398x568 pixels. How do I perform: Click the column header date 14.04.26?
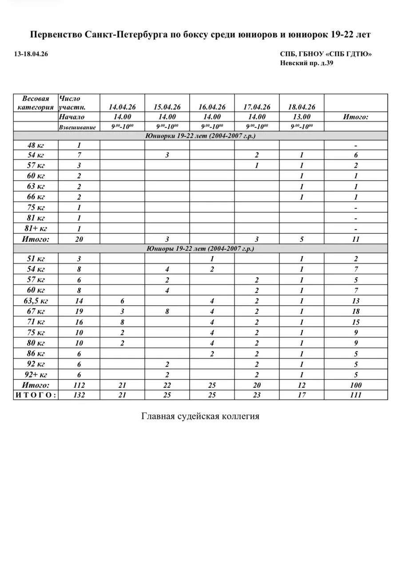click(x=122, y=107)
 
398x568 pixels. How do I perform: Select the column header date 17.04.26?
click(x=257, y=107)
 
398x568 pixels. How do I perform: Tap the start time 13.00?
click(x=302, y=117)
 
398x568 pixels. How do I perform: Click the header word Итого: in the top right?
click(x=355, y=117)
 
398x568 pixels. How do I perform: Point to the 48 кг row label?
click(x=35, y=145)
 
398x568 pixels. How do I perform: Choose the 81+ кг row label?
click(x=35, y=229)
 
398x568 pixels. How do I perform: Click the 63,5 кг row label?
click(x=35, y=301)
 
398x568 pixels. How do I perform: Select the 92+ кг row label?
click(x=35, y=374)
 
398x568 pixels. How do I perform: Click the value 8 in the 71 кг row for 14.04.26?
click(x=122, y=322)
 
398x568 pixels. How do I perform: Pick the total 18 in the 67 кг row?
click(x=355, y=312)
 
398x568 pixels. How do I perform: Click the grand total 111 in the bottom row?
click(x=355, y=395)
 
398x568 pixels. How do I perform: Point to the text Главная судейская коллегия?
click(x=200, y=417)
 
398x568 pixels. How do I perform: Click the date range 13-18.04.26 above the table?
click(x=32, y=54)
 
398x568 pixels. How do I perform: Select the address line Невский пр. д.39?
click(x=306, y=63)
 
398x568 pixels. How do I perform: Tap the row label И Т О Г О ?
click(x=36, y=395)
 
